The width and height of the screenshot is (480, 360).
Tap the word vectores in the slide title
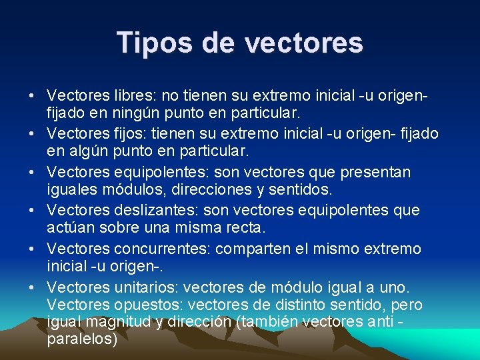click(x=304, y=42)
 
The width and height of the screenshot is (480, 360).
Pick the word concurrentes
click(x=166, y=249)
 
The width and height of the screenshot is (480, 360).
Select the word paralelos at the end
click(x=81, y=339)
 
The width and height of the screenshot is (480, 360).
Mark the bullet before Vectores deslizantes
click(x=32, y=211)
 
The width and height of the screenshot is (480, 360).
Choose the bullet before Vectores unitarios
click(x=32, y=288)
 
